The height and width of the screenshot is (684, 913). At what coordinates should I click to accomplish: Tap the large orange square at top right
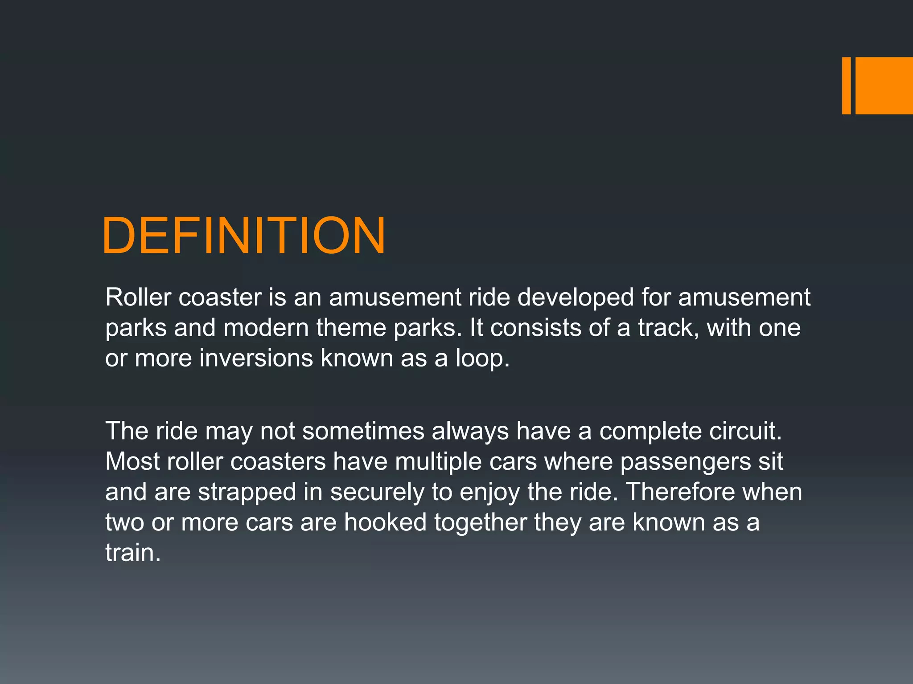click(x=884, y=85)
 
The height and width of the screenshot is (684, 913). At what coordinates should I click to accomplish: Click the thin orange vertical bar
click(x=846, y=85)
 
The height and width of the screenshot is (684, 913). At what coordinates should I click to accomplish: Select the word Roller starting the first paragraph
click(x=138, y=297)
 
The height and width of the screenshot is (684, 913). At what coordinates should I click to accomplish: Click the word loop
click(x=481, y=358)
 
